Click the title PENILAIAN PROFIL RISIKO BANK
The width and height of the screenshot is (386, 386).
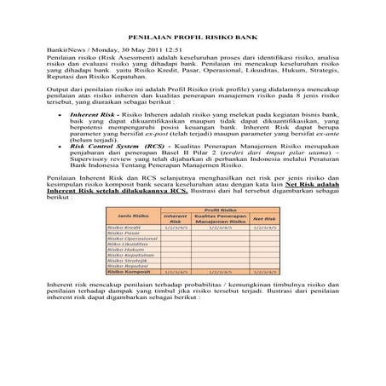pyautogui.click(x=193, y=38)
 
